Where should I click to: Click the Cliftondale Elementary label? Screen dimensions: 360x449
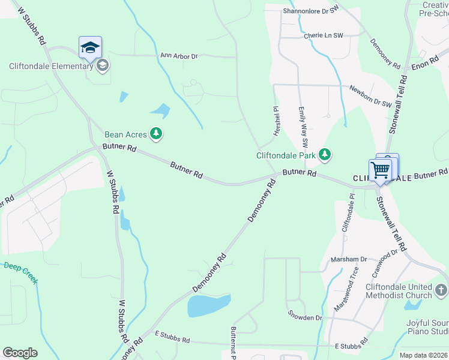click(x=50, y=66)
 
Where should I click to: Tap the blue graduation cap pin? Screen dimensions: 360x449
click(x=90, y=47)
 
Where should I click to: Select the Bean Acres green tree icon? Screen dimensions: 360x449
click(x=156, y=133)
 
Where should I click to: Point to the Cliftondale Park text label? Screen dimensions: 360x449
click(x=286, y=155)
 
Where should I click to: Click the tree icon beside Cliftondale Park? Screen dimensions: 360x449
click(x=325, y=155)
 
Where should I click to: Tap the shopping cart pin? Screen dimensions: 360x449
click(x=381, y=170)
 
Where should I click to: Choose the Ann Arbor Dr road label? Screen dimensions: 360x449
click(x=179, y=56)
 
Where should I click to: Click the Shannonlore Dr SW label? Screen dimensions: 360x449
click(x=312, y=11)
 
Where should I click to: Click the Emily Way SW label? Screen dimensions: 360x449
click(x=303, y=128)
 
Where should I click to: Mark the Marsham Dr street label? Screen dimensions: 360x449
click(x=349, y=259)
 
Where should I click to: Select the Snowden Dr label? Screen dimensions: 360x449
click(x=305, y=317)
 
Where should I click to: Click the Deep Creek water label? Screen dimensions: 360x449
click(x=21, y=272)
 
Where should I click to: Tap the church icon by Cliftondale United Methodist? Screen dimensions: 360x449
click(x=441, y=291)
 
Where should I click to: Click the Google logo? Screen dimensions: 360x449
click(x=20, y=353)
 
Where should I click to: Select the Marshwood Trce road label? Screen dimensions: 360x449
click(x=346, y=292)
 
